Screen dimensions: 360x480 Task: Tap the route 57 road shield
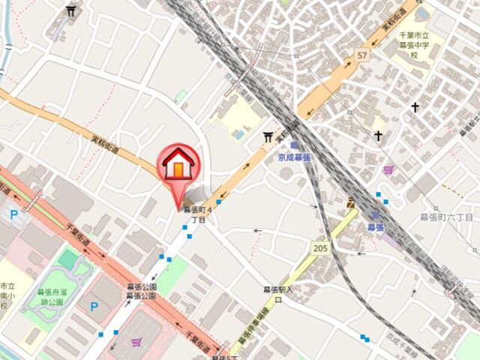[x=362, y=55]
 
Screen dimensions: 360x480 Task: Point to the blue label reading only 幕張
[x=376, y=226]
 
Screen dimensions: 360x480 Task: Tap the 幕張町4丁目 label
[x=199, y=214]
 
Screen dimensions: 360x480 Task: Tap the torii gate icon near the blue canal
[x=71, y=10]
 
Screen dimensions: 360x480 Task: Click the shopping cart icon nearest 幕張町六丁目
[x=388, y=170]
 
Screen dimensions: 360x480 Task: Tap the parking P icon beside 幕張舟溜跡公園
[x=94, y=306]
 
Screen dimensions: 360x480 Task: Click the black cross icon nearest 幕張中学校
[x=415, y=107]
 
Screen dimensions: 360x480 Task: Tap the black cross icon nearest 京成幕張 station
[x=379, y=136]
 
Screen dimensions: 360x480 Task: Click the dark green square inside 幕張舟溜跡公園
[x=68, y=259]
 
